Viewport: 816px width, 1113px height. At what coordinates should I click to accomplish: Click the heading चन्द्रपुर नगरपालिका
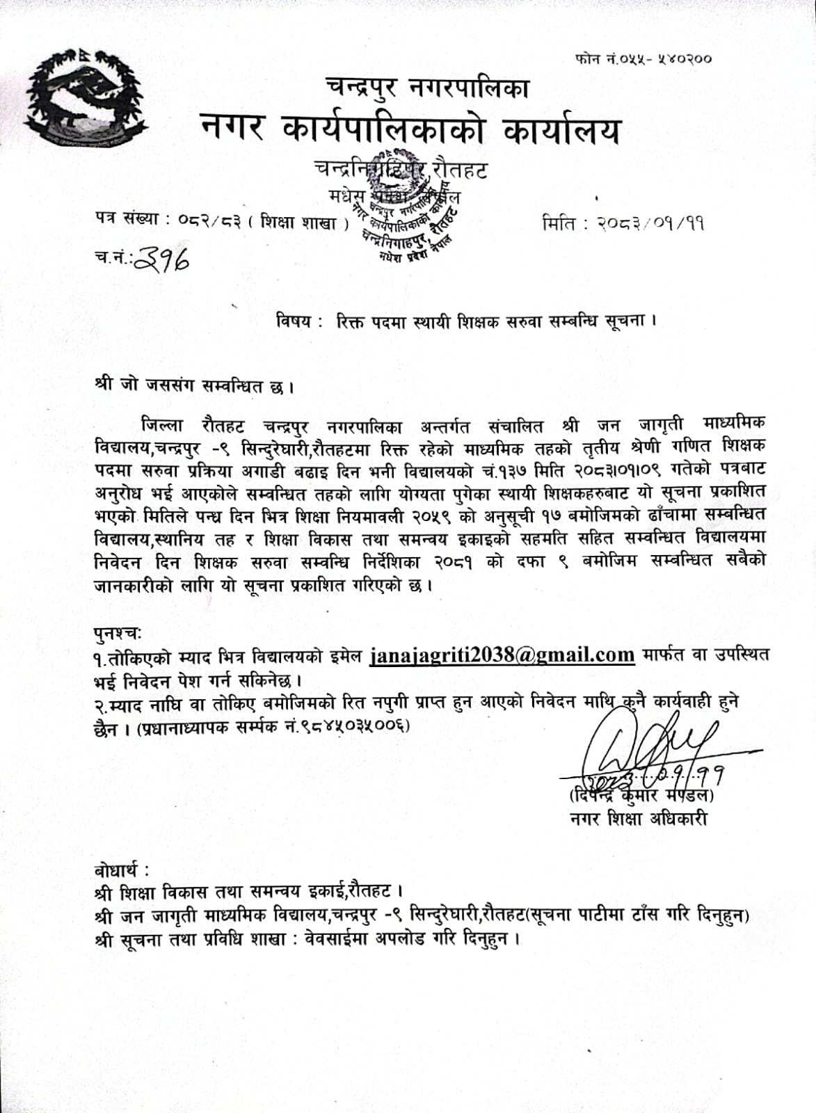pos(427,88)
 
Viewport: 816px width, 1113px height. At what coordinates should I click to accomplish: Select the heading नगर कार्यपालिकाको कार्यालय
pos(410,131)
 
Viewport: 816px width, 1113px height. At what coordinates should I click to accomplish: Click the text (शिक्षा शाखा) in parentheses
pos(304,223)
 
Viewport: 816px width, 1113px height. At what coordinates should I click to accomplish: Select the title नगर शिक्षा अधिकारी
pos(638,819)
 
